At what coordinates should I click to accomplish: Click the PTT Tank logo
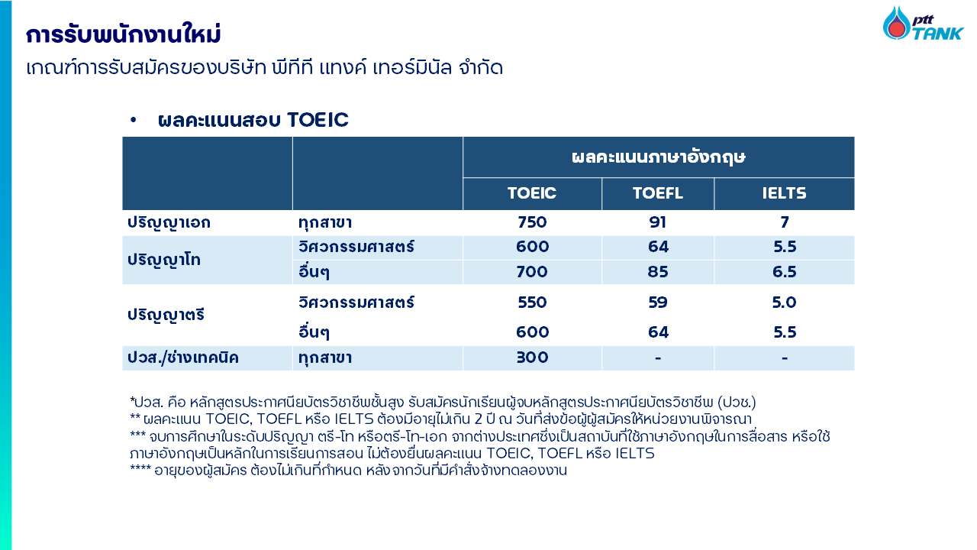[923, 24]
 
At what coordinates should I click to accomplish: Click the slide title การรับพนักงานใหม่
[124, 34]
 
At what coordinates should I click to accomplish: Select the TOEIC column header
[532, 193]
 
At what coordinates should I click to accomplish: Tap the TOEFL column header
[658, 193]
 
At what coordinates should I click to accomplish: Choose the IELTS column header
[784, 193]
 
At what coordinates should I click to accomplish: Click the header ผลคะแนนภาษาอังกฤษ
[659, 157]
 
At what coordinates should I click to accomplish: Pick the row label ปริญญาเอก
[169, 223]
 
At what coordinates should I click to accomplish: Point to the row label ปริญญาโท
[164, 260]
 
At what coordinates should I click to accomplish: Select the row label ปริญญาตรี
[166, 315]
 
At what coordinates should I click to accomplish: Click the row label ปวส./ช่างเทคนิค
[183, 358]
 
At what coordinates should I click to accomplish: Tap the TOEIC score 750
[532, 222]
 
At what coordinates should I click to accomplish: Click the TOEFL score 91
[658, 222]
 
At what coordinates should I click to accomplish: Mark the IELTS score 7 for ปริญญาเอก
[784, 222]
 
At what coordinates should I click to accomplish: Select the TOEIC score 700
[532, 271]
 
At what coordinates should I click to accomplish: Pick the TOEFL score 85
[658, 271]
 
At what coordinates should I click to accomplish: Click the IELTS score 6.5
[784, 271]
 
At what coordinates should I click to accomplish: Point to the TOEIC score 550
[532, 302]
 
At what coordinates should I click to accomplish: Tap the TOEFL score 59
[658, 302]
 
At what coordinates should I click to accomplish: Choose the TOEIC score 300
[532, 357]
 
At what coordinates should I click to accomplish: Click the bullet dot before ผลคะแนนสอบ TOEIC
[133, 120]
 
